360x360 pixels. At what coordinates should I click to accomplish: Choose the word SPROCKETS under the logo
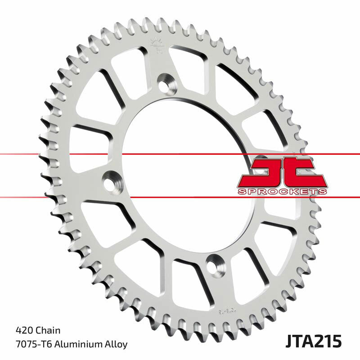point(282,192)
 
